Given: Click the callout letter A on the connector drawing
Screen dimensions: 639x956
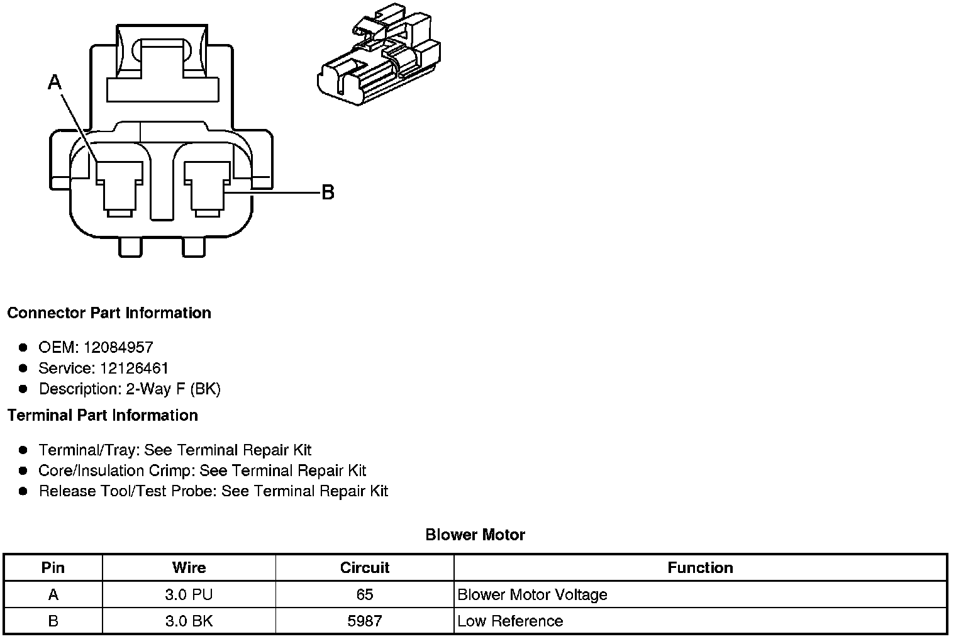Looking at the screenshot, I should coord(55,82).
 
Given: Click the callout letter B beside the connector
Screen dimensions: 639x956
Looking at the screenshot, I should coord(328,192).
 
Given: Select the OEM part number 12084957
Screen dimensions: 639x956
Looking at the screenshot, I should coord(118,347).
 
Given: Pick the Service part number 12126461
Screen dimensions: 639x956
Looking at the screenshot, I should coord(134,368).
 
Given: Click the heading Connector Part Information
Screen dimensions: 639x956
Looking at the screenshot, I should coord(109,313).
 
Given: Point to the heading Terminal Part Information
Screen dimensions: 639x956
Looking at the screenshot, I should coord(103,415).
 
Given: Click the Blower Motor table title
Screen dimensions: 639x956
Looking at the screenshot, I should coord(475,535).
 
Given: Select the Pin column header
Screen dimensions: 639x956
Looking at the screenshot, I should coord(53,568).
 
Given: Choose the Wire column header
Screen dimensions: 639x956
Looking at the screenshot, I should coord(189,568).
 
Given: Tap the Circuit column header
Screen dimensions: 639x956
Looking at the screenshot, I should coord(364,568).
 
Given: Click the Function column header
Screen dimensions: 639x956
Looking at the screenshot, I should coord(700,568).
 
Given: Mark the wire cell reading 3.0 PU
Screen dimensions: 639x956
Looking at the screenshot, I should coord(189,594).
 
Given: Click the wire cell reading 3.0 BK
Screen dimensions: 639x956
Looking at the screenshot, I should coord(189,621).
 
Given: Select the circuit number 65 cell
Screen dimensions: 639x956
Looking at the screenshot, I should coord(364,594).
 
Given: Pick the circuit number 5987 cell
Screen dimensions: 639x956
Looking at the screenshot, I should coord(364,621).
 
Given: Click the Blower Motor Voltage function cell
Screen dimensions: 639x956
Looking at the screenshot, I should coord(532,594).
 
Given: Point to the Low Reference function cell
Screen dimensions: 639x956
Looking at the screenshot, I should coord(510,621).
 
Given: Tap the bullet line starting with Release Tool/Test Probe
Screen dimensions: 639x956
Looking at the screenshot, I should coord(213,491).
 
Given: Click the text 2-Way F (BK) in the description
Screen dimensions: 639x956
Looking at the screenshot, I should coord(173,389).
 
